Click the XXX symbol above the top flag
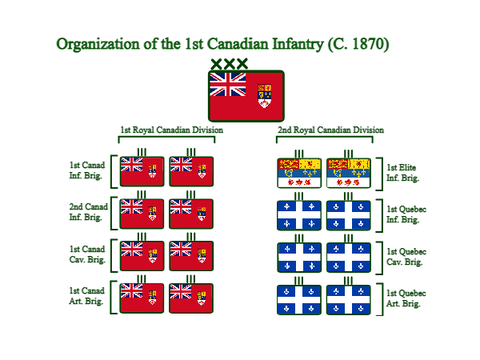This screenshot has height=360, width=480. pyautogui.click(x=229, y=64)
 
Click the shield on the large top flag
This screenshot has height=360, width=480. pyautogui.click(x=264, y=96)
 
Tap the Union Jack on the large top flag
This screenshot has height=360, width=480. pyautogui.click(x=228, y=84)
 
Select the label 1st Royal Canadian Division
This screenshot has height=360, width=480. pyautogui.click(x=172, y=130)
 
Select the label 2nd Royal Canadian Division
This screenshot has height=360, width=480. pyautogui.click(x=331, y=130)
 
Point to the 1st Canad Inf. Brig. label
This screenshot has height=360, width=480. pyautogui.click(x=87, y=170)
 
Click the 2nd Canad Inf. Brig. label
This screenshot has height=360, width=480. pyautogui.click(x=88, y=212)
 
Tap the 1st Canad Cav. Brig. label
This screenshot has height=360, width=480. pyautogui.click(x=87, y=254)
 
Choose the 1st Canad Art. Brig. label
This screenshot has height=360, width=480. pyautogui.click(x=87, y=296)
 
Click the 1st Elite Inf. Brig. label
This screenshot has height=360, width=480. pyautogui.click(x=403, y=173)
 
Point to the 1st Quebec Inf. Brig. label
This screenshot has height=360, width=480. pyautogui.click(x=406, y=214)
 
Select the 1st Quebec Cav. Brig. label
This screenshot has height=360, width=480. pyautogui.click(x=406, y=257)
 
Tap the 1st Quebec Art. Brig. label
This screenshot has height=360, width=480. pyautogui.click(x=406, y=298)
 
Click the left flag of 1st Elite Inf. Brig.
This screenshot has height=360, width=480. pyautogui.click(x=299, y=173)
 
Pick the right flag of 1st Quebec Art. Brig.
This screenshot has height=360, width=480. pyautogui.click(x=348, y=300)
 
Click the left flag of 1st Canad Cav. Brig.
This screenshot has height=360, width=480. pyautogui.click(x=142, y=256)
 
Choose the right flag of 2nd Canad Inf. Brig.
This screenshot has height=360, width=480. pyautogui.click(x=191, y=214)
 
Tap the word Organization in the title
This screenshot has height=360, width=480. pyautogui.click(x=98, y=45)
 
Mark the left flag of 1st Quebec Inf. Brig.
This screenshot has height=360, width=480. pyautogui.click(x=299, y=215)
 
